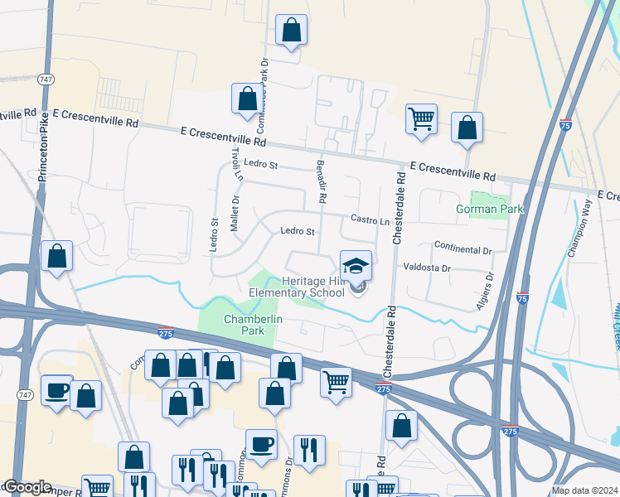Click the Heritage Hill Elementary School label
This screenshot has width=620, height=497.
coord(297,287)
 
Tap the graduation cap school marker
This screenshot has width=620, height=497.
coord(356,267)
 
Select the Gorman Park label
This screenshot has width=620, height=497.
coord(490,209)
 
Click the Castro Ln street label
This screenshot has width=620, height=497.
coord(370,221)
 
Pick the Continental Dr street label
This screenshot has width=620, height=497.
coord(463,248)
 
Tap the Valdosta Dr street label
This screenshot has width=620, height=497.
coord(427,268)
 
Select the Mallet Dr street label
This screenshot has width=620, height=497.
coord(235,212)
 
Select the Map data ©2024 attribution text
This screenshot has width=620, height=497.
coord(584,490)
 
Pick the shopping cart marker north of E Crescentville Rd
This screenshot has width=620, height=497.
coord(422,119)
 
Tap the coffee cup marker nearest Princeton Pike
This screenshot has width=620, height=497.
coord(56,391)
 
